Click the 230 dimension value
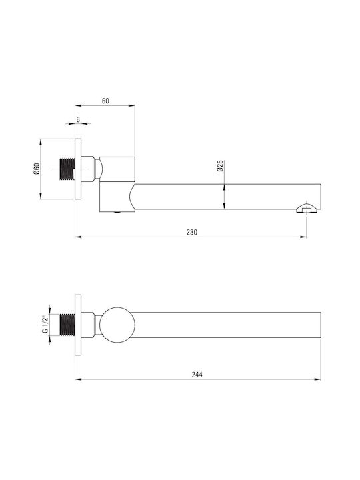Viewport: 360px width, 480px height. (192, 232)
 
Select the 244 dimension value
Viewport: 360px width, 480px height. (197, 375)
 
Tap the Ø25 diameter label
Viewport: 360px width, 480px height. (220, 165)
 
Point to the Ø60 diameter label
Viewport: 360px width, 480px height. (37, 169)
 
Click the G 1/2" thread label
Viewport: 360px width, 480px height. (45, 325)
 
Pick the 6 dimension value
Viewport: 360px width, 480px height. (78, 119)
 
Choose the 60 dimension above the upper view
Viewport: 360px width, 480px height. (105, 101)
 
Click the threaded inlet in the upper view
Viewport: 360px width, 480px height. (67, 169)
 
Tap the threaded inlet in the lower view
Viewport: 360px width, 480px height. (67, 325)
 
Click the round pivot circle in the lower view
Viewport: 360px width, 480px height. (117, 325)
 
